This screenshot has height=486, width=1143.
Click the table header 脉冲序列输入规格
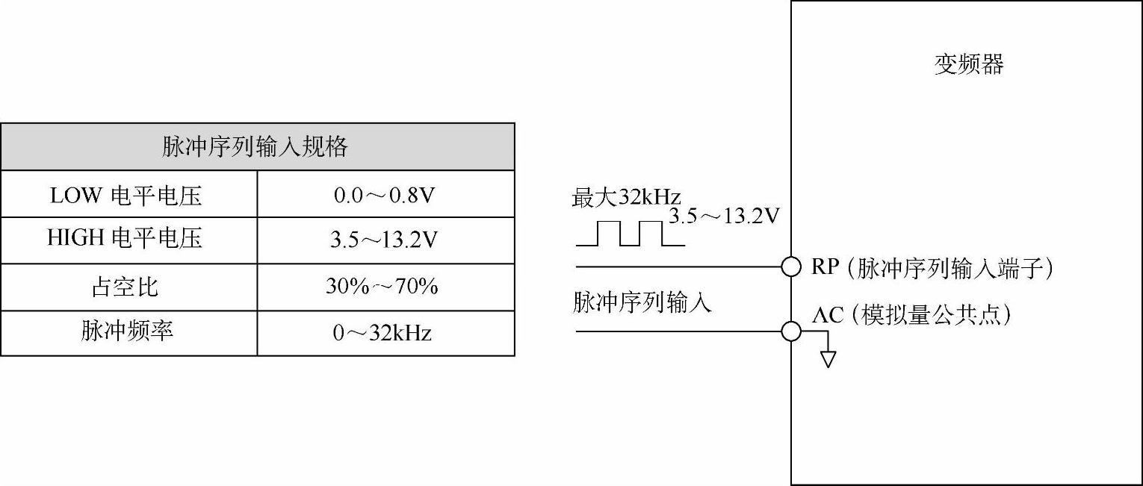click(x=255, y=147)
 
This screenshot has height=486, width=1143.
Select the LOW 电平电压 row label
click(x=126, y=196)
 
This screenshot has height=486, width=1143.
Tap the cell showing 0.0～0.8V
click(x=385, y=196)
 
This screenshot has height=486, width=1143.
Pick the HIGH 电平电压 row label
click(x=125, y=239)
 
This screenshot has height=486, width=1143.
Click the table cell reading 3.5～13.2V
click(x=385, y=240)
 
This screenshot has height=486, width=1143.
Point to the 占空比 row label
click(x=125, y=287)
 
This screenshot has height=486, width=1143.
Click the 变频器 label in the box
click(x=969, y=65)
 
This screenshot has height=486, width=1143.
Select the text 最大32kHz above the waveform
click(x=626, y=198)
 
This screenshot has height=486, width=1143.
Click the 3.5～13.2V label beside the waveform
click(x=724, y=216)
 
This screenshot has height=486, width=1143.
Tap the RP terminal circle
click(x=791, y=267)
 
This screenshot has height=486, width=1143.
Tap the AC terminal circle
click(x=791, y=331)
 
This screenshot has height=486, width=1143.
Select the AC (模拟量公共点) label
click(x=911, y=315)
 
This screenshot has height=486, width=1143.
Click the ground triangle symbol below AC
click(x=827, y=359)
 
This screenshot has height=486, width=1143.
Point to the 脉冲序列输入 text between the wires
click(x=642, y=302)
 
